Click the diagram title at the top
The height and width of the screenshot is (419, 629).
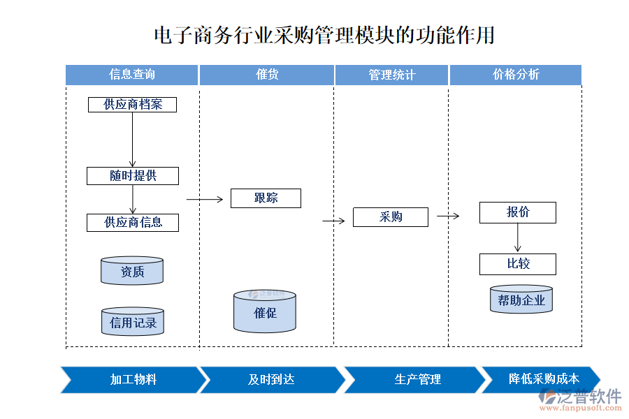(x=324, y=36)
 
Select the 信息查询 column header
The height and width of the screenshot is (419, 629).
(x=132, y=75)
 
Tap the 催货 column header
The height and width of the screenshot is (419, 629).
(x=267, y=75)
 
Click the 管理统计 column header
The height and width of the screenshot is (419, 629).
(x=391, y=75)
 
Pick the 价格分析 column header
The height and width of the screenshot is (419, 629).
(x=515, y=75)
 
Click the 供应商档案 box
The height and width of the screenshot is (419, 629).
(x=132, y=105)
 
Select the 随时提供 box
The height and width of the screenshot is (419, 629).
(x=132, y=176)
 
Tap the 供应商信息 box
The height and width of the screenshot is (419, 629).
(x=132, y=223)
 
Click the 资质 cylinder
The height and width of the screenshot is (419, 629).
(x=132, y=271)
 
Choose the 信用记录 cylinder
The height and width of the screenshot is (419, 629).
(x=132, y=322)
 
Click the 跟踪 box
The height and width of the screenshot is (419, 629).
(x=266, y=198)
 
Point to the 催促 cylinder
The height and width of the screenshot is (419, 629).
(x=265, y=311)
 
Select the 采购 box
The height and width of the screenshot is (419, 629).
(x=390, y=217)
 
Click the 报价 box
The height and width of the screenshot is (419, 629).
(x=517, y=213)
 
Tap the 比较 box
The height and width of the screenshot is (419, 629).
(x=517, y=264)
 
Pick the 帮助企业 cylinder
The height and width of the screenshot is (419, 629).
(x=521, y=300)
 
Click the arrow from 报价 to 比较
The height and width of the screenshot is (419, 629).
(x=518, y=238)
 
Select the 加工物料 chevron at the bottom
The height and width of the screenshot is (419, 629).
(x=133, y=380)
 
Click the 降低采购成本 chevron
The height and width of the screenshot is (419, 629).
(x=542, y=379)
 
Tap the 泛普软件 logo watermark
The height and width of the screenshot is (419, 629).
(x=580, y=399)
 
